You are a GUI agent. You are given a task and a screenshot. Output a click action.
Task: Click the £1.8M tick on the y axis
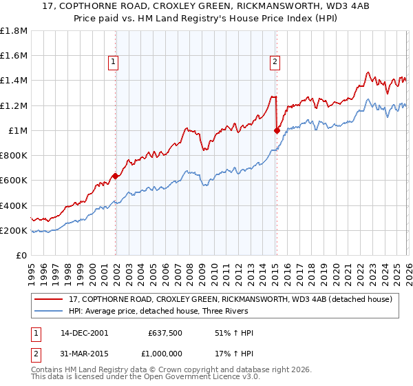(14, 31)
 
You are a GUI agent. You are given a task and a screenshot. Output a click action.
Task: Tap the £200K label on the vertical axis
(14, 231)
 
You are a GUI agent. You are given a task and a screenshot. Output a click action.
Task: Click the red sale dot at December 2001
(116, 176)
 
